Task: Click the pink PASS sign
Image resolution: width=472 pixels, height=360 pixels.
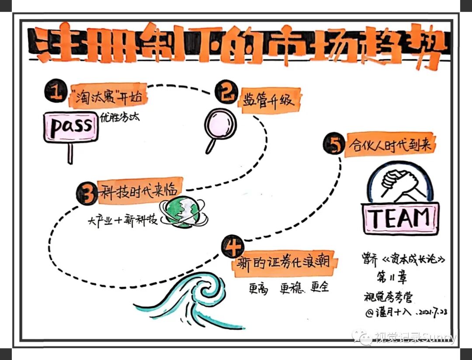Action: tap(71, 127)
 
